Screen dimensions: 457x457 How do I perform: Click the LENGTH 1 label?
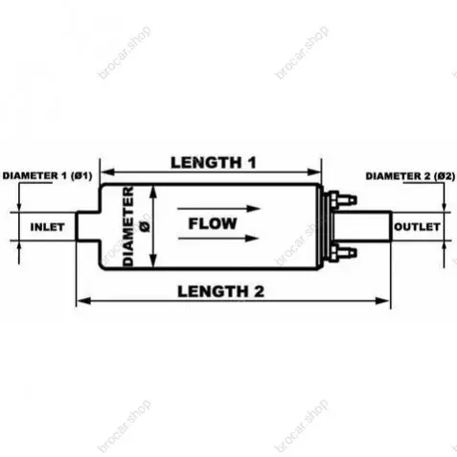pyautogui.click(x=214, y=163)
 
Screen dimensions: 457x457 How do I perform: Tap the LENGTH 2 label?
pyautogui.click(x=220, y=291)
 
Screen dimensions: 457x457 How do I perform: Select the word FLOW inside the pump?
pyautogui.click(x=213, y=223)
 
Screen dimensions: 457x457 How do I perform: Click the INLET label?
pyautogui.click(x=47, y=227)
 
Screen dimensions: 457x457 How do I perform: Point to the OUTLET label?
pyautogui.click(x=417, y=227)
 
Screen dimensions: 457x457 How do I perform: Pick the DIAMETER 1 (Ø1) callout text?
pyautogui.click(x=48, y=175)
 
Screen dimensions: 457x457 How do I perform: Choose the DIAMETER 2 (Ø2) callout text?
pyautogui.click(x=410, y=176)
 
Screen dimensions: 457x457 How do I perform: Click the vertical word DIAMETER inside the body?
pyautogui.click(x=128, y=226)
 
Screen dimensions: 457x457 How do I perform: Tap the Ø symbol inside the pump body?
pyautogui.click(x=145, y=226)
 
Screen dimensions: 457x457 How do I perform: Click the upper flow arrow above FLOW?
pyautogui.click(x=219, y=209)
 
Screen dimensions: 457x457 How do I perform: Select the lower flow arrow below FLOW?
pyautogui.click(x=218, y=239)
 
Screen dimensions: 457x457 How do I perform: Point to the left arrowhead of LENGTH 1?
pyautogui.click(x=107, y=172)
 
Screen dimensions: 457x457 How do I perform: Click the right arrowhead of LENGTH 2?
pyautogui.click(x=382, y=301)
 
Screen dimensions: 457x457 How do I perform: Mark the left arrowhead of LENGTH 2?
pyautogui.click(x=83, y=301)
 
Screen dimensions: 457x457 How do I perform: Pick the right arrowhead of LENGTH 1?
pyautogui.click(x=314, y=172)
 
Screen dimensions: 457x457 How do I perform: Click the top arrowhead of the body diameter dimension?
pyautogui.click(x=154, y=191)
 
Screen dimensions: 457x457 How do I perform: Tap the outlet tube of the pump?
pyautogui.click(x=363, y=226)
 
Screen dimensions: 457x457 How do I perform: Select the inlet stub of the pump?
pyautogui.click(x=88, y=226)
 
